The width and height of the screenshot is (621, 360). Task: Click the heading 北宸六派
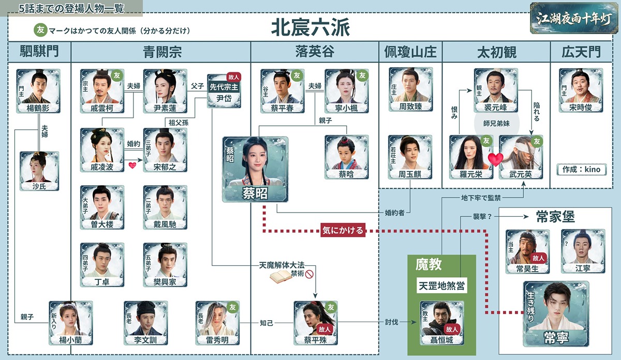tap(310, 28)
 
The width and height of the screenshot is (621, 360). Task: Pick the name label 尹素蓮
tap(165, 108)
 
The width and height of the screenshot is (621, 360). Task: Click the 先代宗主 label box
tap(224, 87)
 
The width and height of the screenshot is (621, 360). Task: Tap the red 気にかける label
tap(343, 230)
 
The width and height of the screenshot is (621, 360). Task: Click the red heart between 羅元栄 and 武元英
tap(495, 159)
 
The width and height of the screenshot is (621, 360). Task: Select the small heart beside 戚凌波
tap(132, 166)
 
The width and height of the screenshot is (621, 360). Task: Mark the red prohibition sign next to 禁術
tap(309, 274)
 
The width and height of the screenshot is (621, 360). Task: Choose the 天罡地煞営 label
tap(441, 286)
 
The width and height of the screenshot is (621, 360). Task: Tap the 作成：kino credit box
tap(581, 169)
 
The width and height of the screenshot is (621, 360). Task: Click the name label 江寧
tap(583, 268)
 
